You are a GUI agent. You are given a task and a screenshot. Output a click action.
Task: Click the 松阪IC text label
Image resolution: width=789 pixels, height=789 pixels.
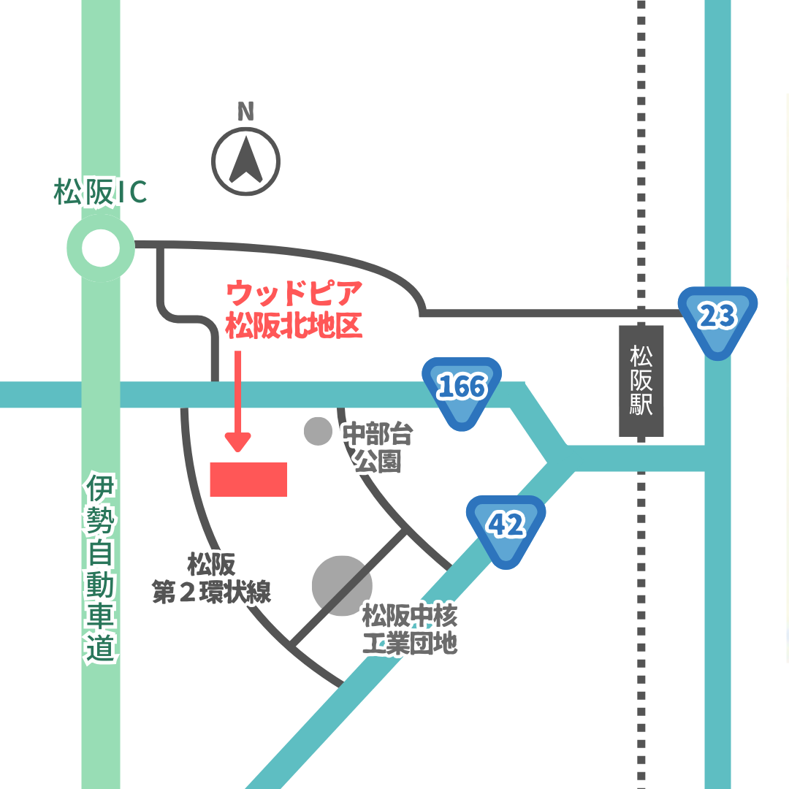tap(100, 192)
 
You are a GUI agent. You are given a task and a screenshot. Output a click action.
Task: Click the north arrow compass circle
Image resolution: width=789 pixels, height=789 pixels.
tap(246, 161)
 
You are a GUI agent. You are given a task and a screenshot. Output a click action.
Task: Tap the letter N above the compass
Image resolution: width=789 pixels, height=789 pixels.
tap(246, 112)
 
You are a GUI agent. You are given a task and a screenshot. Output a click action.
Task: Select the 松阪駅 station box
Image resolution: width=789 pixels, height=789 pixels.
tap(641, 381)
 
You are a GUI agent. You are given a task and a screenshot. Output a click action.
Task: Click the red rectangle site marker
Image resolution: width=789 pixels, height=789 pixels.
tap(248, 479)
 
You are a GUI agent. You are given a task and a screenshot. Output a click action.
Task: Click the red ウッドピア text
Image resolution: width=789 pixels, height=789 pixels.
tap(294, 294)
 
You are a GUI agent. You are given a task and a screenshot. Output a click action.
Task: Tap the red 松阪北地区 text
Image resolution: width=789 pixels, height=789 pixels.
tap(294, 325)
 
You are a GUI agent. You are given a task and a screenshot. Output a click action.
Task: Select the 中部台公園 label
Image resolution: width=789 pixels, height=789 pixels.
tap(378, 448)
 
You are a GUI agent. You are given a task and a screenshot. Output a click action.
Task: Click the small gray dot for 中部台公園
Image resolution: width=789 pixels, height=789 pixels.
tap(318, 431)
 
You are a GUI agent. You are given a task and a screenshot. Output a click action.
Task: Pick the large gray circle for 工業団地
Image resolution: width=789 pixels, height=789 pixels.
tap(342, 584)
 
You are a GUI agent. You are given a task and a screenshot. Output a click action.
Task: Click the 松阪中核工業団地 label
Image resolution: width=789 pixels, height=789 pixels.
tap(410, 630)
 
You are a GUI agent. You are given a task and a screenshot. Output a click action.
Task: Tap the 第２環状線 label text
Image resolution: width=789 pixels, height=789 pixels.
tap(211, 591)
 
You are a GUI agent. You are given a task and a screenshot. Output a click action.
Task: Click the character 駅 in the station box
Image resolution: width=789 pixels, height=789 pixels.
tap(641, 405)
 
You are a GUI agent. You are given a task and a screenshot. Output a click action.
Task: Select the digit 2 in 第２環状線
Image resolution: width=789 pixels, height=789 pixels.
tap(186, 592)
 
